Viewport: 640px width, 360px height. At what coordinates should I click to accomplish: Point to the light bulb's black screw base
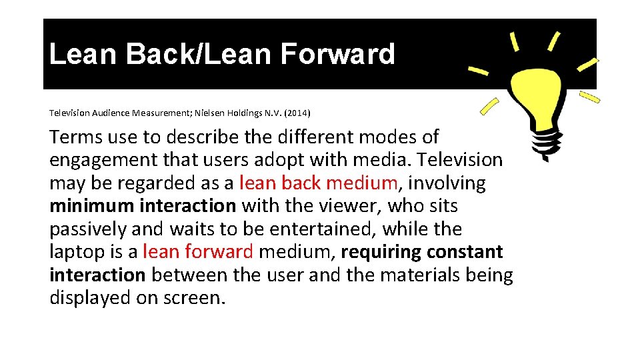pyautogui.click(x=545, y=137)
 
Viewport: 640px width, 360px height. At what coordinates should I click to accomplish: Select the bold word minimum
pyautogui.click(x=92, y=206)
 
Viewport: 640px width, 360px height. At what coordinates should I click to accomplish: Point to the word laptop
pyautogui.click(x=74, y=253)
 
